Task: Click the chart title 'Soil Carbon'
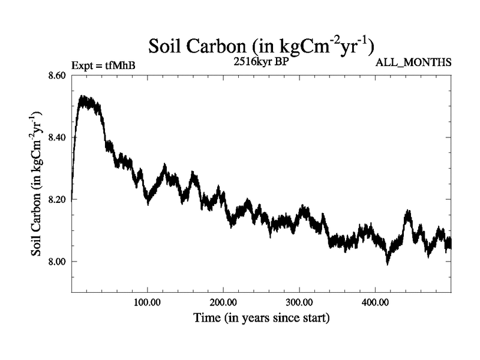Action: pos(262,46)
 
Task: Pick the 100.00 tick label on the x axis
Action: pos(148,301)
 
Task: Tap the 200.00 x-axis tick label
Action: pos(223,301)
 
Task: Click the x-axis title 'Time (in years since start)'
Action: pos(262,317)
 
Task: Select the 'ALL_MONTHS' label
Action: pos(413,62)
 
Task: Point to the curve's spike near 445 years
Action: pos(409,212)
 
